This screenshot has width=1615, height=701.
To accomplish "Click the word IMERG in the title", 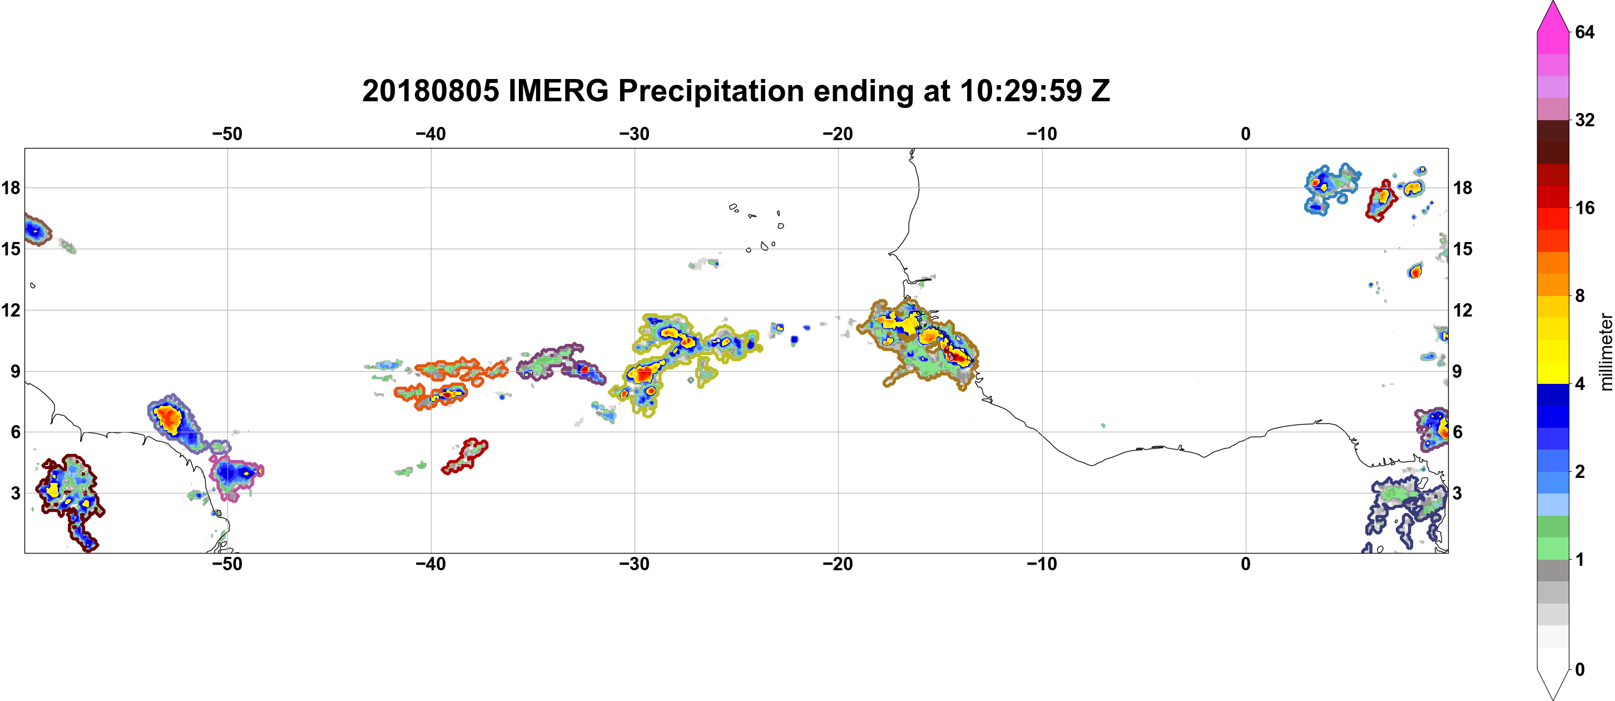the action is [558, 91].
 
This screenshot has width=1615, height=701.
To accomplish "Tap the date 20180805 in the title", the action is [430, 91].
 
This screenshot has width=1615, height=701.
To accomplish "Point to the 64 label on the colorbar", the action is [1584, 32].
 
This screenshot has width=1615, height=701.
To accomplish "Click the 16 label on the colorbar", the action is [1584, 208].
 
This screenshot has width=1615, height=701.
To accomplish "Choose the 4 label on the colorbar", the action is [1580, 384].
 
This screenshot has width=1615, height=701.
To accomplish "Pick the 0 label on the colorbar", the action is [1580, 670].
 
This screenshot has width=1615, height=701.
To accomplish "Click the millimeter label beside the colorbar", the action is [1606, 352].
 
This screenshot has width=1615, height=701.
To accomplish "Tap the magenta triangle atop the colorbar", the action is [1553, 16].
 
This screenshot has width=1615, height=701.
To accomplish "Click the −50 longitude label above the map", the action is [227, 134].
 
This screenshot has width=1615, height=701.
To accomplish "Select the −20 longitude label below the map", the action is [838, 564].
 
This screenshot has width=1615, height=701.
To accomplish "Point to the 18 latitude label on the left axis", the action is [11, 187].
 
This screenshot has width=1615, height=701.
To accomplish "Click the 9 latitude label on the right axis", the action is [1457, 371].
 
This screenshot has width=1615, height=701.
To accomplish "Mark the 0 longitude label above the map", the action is [1246, 134].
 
